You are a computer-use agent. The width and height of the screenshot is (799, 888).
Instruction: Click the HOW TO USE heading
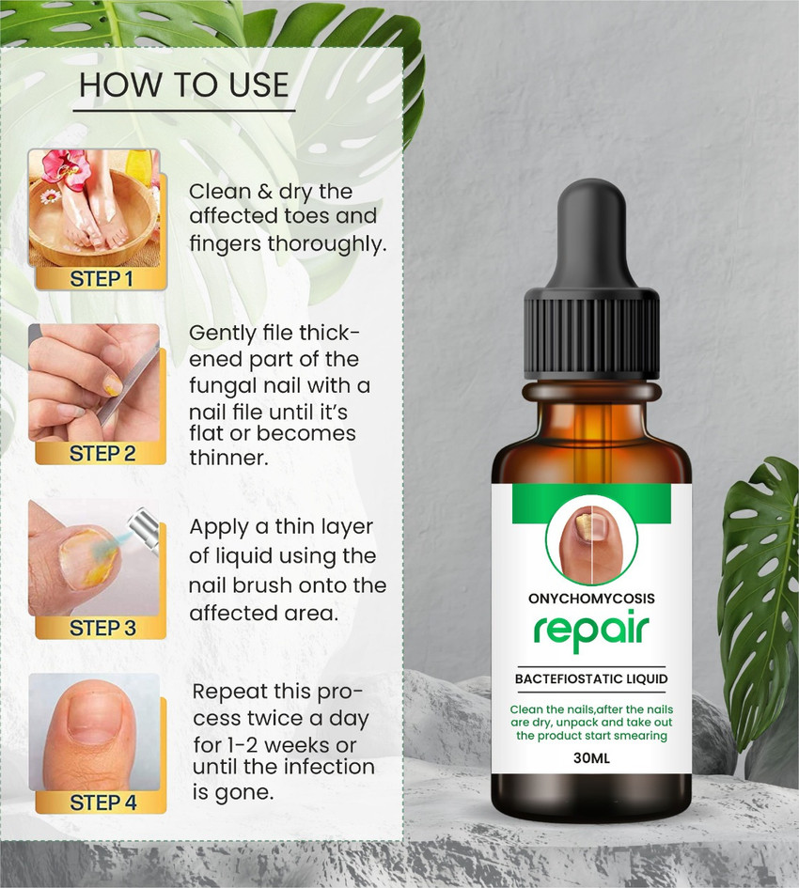coord(184,85)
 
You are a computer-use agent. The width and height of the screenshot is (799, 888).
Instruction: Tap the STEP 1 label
coord(102,279)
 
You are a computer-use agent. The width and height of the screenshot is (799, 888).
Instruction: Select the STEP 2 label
coord(102,454)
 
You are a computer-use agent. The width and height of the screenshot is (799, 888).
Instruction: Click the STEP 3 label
coord(102,628)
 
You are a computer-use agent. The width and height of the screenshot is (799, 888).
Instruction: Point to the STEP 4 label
coord(102,803)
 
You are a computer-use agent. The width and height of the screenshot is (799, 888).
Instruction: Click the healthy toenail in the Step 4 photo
coord(89,719)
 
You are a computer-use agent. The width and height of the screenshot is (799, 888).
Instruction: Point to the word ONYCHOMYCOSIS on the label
coord(591,599)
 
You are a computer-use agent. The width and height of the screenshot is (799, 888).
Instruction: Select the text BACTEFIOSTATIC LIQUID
coord(591,678)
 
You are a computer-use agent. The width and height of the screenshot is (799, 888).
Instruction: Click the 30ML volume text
coord(591,756)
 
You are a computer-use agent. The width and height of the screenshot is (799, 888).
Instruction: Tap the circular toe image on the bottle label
coord(591,542)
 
